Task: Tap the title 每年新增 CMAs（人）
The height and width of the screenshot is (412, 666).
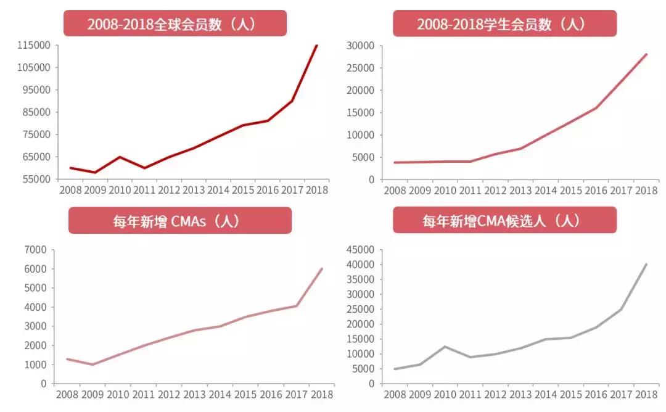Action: click(x=179, y=220)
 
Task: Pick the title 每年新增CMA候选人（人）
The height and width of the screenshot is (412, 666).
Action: click(x=504, y=220)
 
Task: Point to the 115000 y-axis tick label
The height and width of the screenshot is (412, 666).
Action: click(x=34, y=45)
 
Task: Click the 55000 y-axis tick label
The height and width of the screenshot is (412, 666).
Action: click(x=36, y=179)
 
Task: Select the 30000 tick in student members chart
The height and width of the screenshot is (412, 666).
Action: click(x=361, y=45)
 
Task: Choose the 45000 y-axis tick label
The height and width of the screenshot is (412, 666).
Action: click(x=361, y=250)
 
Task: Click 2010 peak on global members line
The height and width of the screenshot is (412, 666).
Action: click(x=119, y=157)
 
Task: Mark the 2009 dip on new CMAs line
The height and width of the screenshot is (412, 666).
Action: click(x=93, y=365)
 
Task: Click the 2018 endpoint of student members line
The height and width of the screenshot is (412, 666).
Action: click(x=646, y=54)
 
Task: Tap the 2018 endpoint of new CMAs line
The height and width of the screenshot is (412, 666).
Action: click(x=322, y=269)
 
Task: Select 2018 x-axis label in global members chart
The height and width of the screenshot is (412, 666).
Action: click(x=316, y=190)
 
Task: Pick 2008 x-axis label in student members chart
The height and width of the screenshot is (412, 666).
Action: click(x=395, y=190)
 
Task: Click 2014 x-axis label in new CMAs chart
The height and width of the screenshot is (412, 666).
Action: click(x=220, y=393)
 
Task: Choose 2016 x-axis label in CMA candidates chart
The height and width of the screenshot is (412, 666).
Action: click(x=596, y=393)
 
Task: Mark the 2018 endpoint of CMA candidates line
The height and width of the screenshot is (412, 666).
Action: click(x=646, y=265)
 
